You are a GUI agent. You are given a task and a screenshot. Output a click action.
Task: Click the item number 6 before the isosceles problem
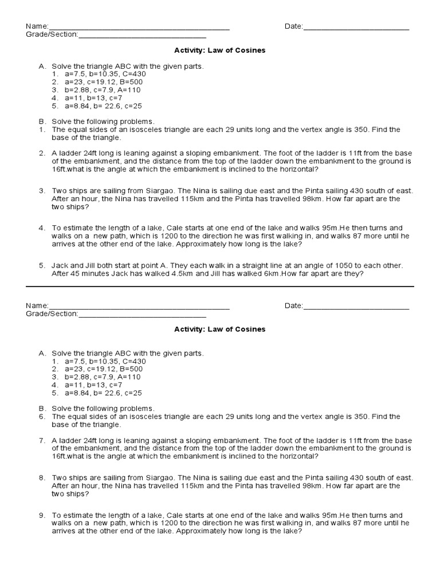[42, 416]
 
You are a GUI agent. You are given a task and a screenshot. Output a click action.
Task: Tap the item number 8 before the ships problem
[42, 478]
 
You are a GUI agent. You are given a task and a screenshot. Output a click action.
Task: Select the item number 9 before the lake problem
[42, 515]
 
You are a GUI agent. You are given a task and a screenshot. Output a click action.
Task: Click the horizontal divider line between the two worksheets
[220, 286]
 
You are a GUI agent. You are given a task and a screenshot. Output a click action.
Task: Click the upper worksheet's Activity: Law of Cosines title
[220, 50]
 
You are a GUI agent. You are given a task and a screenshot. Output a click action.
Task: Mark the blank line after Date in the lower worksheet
[356, 308]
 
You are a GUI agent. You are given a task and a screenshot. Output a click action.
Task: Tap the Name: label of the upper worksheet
[37, 27]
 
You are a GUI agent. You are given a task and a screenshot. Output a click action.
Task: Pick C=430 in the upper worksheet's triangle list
[133, 75]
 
